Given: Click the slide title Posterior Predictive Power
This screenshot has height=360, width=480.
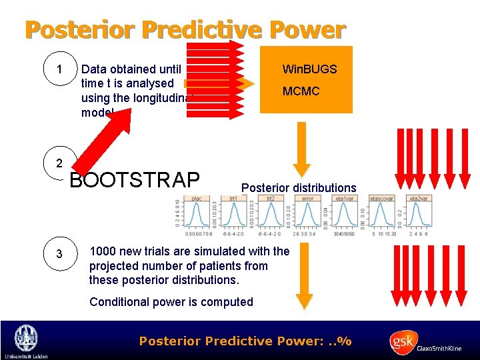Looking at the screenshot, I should coord(185,29).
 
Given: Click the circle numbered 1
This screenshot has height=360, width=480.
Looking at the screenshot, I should coord(60,70).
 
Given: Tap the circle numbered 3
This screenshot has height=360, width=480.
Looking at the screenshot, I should coord(60,254).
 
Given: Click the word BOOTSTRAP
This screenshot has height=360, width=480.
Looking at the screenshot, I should coord(135,180).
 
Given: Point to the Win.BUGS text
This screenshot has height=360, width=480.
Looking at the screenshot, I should coord(309,69).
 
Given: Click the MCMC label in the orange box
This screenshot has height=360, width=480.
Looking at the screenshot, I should coord(301,91).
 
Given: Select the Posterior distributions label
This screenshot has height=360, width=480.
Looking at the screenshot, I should coord(299,188).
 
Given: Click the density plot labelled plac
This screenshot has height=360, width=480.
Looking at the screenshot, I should coord(196,215).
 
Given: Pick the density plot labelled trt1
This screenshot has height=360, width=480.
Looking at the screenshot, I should coord(233,215).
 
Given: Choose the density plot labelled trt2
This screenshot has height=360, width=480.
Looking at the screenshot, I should coord(270,215).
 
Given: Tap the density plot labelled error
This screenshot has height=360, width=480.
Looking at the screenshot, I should coord(307,215).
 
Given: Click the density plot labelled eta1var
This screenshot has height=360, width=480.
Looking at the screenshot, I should coord(345,215).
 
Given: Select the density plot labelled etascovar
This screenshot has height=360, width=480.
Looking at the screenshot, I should coord(382,215).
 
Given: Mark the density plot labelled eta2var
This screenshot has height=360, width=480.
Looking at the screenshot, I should coord(419,215).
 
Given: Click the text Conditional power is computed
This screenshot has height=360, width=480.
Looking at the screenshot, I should coord(171,302).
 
